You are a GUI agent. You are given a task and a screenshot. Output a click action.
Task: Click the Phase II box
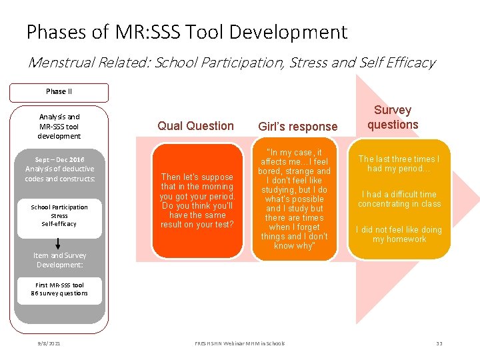(59, 92)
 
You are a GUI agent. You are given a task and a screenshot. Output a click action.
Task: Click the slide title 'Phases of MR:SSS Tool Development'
(187, 32)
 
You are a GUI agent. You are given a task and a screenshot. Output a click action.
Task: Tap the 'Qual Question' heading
(195, 125)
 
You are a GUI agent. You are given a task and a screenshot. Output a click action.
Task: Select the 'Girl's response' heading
(297, 126)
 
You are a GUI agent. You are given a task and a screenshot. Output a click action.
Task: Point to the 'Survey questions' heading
(393, 117)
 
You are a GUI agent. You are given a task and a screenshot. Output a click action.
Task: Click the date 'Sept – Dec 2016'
(59, 159)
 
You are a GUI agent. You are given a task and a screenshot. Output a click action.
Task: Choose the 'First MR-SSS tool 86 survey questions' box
(59, 289)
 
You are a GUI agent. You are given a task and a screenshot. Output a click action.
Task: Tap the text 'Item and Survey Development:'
(59, 260)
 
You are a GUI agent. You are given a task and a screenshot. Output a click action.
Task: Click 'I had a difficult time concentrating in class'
(399, 199)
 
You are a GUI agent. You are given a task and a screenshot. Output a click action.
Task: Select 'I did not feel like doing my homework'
(399, 235)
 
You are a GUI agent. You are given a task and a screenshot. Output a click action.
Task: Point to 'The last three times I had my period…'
(399, 163)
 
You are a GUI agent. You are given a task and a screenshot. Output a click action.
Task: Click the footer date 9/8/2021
(49, 343)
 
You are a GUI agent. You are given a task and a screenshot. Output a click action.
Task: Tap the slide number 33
(439, 343)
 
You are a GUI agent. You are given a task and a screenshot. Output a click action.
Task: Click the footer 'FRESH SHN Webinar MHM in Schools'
(239, 343)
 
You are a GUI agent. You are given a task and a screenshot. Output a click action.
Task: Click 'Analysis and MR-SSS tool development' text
(59, 126)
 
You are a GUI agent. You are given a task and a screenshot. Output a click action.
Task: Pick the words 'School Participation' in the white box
(59, 207)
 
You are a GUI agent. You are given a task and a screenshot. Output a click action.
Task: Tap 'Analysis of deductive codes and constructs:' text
(59, 174)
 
